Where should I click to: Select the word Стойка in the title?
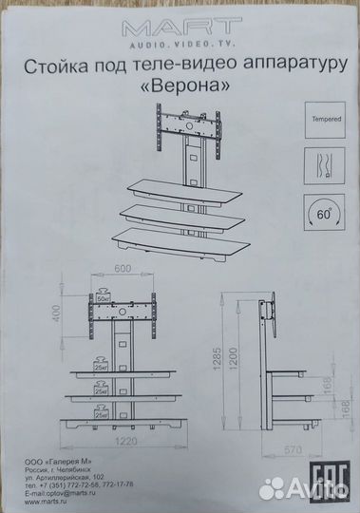pyautogui.click(x=70, y=66)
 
